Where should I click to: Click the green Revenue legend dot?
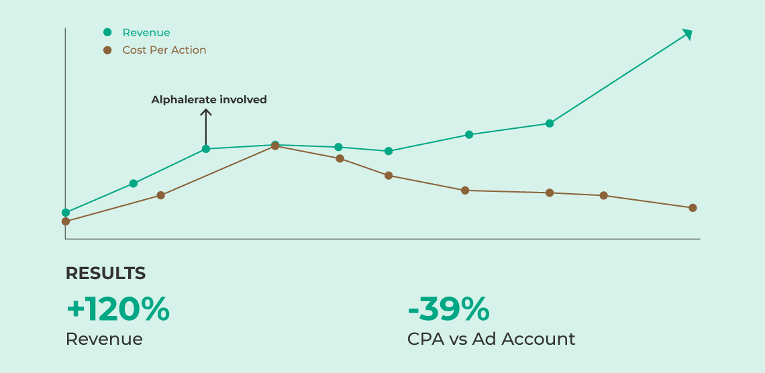pos(107,32)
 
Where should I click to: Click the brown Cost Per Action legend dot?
pos(107,50)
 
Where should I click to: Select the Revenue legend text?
pos(146,33)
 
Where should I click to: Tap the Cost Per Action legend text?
pos(164,50)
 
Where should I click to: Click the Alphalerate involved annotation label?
pos(209,100)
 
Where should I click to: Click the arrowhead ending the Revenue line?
pos(687,34)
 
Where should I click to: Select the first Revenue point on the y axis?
pos(66,213)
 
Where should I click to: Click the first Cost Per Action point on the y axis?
pos(66,221)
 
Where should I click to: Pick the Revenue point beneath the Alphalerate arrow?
pos(206,149)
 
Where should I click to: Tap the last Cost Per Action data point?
pos(693,208)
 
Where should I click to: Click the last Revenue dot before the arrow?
pos(550,123)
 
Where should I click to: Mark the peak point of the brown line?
pos(275,146)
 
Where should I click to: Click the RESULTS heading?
pos(105,274)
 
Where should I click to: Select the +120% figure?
pos(117,309)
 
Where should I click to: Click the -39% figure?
pos(448,309)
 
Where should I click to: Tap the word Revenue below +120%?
pos(104,339)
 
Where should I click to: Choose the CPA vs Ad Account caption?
pos(491,339)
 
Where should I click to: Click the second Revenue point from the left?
pos(134,183)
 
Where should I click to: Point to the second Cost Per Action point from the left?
pos(160,195)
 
